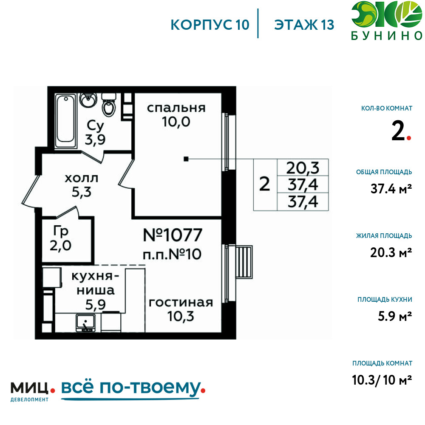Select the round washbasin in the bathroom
88,100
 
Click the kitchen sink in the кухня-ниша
86,323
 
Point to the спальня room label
176,108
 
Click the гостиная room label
181,303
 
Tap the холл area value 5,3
82,192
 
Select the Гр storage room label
61,232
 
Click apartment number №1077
173,235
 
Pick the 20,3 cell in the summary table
303,168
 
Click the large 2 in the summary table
264,184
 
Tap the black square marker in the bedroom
186,159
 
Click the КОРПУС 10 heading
210,25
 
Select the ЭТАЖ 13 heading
304,25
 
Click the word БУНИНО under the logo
387,36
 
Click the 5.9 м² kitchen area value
395,316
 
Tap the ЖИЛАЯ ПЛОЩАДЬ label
384,235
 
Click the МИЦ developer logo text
30,388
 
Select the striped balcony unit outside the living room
244,262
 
